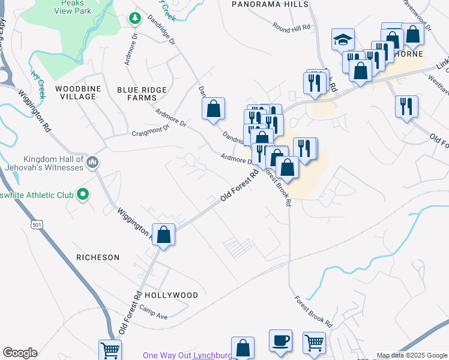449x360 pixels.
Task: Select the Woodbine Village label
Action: click(76, 92)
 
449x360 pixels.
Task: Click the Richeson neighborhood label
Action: click(98, 257)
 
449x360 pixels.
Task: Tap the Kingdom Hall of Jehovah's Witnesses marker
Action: click(92, 163)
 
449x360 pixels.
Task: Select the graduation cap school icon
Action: click(343, 40)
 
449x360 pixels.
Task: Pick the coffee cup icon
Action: click(280, 340)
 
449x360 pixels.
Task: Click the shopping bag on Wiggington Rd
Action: click(163, 235)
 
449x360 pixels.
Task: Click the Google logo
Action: click(19, 353)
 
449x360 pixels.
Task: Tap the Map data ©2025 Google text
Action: click(411, 355)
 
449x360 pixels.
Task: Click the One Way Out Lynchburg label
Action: click(187, 356)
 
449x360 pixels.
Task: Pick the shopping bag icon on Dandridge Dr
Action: click(213, 109)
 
